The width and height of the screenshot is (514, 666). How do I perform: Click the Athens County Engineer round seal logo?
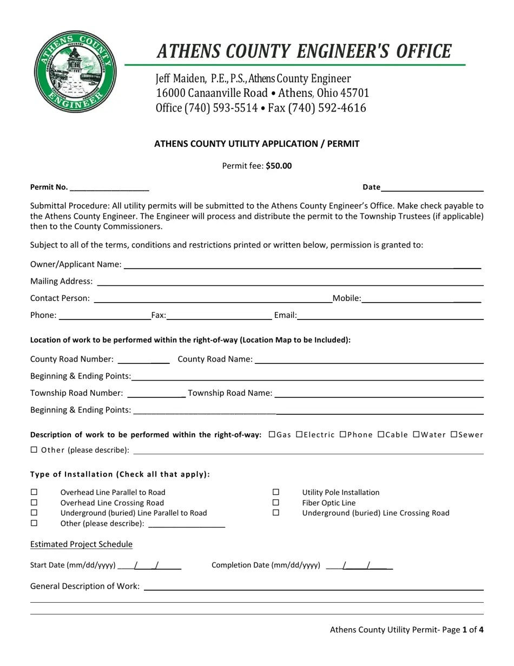(75, 71)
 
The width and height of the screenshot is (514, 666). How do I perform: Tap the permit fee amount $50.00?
(279, 166)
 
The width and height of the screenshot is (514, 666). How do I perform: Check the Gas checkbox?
(272, 434)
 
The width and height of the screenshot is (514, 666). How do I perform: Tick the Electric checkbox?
(299, 434)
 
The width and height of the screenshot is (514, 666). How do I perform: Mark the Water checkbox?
(416, 434)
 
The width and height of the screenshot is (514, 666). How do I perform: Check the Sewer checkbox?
(454, 434)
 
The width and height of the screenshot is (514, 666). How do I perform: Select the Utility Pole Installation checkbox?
(276, 492)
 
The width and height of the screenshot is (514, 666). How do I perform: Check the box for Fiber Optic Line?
(276, 502)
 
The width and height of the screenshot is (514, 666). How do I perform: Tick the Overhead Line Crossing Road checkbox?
(34, 502)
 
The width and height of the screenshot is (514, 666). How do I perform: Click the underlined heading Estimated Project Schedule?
(81, 544)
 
